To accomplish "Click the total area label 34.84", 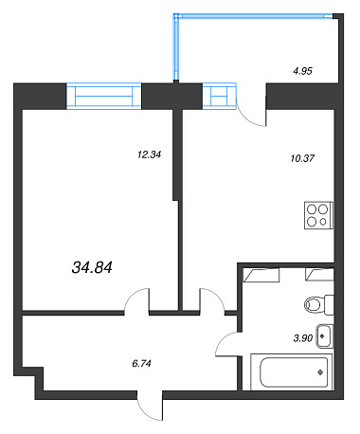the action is [x=92, y=267].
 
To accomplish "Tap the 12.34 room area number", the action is [x=150, y=154].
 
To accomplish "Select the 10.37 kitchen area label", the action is [x=302, y=158].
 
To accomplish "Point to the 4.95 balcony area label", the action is [x=302, y=71].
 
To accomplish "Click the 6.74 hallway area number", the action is [x=141, y=364].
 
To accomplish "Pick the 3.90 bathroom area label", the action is [x=303, y=338].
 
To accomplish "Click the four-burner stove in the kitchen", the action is [x=318, y=215].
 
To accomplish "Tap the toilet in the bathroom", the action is [x=319, y=305].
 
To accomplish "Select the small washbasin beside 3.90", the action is [x=325, y=336].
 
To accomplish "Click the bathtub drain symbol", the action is [x=320, y=372].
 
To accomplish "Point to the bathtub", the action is [x=292, y=372].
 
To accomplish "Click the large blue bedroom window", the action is [x=104, y=96].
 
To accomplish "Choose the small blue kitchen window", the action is [x=219, y=96].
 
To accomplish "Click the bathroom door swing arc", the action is [x=221, y=339].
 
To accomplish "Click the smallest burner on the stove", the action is [x=323, y=222].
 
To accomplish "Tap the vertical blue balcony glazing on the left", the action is [x=176, y=47].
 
